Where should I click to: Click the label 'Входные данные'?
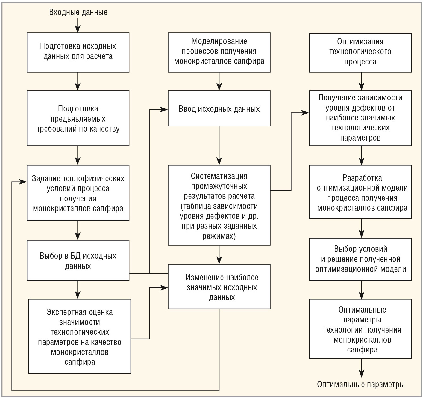pos(78,12)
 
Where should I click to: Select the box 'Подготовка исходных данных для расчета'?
pos(78,52)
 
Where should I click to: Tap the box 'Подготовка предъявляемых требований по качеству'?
pos(78,118)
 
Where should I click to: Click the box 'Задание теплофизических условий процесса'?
pos(78,193)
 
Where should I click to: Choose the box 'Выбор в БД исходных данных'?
pos(78,260)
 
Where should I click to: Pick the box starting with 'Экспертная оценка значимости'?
pos(80,336)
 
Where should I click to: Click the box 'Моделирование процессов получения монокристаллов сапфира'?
pos(219,52)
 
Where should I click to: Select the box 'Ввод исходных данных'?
pos(219,108)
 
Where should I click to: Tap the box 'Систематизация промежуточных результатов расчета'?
pos(219,205)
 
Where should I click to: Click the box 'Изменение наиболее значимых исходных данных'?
pos(219,287)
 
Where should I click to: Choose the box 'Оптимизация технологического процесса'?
pos(360,53)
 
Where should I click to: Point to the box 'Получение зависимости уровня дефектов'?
pos(360,118)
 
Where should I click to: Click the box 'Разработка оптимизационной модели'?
pos(360,192)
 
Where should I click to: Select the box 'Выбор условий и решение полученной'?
pos(360,259)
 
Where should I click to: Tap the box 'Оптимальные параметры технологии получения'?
pos(360,329)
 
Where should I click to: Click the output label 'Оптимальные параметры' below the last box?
pos(361,385)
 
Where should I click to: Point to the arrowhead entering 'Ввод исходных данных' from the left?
pos(164,110)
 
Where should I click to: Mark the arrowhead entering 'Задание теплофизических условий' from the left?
pos(23,182)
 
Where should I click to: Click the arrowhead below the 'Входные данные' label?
pos(78,29)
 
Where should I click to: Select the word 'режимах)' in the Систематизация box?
pos(219,236)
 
